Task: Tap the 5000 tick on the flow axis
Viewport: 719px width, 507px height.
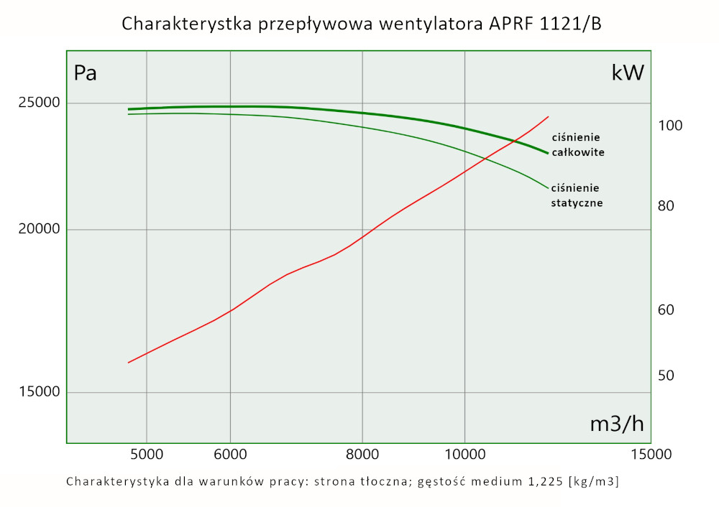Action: [x=147, y=455]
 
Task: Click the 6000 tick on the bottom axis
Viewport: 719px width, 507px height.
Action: [x=230, y=455]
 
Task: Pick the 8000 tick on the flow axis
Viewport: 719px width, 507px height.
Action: [x=362, y=455]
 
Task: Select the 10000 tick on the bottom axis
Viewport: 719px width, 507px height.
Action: [x=464, y=455]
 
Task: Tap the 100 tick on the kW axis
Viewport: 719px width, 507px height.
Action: [x=670, y=126]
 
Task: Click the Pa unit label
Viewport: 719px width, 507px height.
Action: [x=86, y=73]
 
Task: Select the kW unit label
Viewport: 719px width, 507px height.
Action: [x=627, y=73]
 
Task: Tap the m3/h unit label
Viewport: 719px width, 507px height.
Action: [x=616, y=424]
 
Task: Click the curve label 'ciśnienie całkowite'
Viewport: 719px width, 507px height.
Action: [x=577, y=145]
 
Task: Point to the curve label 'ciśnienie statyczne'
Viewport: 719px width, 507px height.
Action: [x=576, y=195]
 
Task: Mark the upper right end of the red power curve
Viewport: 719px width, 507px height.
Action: [x=549, y=116]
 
